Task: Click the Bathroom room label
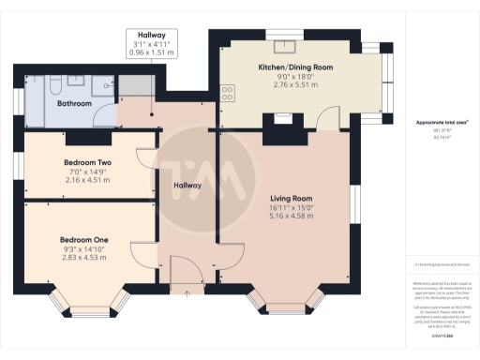click(73, 104)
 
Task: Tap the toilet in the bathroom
click(56, 87)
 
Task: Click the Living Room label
click(291, 199)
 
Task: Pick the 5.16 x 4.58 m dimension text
click(291, 217)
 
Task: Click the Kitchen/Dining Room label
click(295, 67)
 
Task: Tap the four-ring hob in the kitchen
click(227, 91)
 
